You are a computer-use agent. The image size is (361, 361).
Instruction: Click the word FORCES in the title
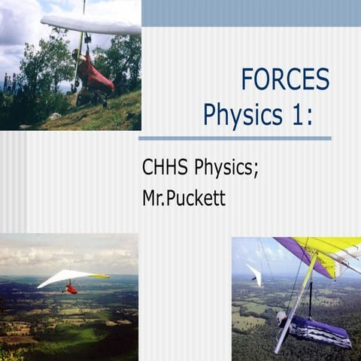(x=285, y=80)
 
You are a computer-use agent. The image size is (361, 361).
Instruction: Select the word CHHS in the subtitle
(x=165, y=168)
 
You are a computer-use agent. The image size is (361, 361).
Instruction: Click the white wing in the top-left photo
(x=90, y=25)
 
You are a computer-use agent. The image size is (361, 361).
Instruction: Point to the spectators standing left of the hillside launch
(x=9, y=82)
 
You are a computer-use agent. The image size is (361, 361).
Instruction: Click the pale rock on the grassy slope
(x=55, y=117)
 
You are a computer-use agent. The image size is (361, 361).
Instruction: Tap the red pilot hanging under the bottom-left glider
(x=71, y=289)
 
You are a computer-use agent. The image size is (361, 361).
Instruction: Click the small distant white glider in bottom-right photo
(x=256, y=275)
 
